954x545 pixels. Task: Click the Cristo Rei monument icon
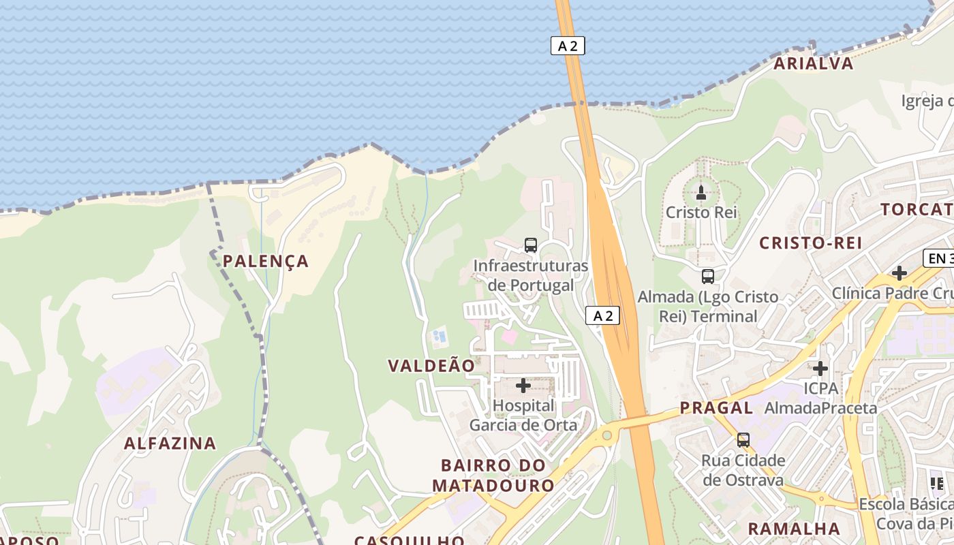click(701, 193)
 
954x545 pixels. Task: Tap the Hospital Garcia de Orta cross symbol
click(523, 386)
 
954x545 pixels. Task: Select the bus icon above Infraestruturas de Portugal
click(531, 245)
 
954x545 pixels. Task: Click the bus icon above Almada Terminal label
click(708, 277)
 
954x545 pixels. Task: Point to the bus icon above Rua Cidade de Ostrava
click(743, 440)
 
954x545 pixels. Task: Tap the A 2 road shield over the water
click(568, 46)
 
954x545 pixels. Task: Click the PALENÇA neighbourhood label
click(266, 261)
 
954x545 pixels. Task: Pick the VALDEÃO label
click(431, 366)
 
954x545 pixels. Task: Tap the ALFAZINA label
click(170, 443)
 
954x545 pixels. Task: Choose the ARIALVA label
click(814, 63)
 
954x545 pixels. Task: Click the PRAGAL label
click(716, 408)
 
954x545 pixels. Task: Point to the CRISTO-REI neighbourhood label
click(811, 243)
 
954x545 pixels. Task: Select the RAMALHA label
click(794, 529)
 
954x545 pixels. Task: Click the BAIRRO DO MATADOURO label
click(493, 476)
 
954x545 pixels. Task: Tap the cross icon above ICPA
click(820, 369)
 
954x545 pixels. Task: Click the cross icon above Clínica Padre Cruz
click(899, 273)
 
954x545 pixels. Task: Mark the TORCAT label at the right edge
click(917, 209)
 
